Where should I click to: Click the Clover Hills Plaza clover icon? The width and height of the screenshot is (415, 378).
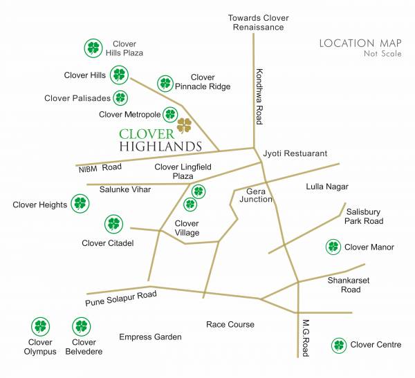tap(93, 48)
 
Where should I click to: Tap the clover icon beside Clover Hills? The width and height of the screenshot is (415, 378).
tap(120, 75)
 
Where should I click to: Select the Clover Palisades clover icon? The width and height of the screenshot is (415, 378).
tap(121, 97)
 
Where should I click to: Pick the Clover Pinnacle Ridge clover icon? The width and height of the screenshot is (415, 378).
tap(165, 84)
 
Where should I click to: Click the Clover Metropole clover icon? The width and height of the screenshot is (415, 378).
tap(170, 114)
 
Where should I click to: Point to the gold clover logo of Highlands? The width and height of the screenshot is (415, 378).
tap(184, 125)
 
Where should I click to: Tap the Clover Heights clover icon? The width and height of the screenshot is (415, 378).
tap(81, 204)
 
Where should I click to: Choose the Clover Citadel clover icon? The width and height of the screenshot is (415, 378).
tap(113, 224)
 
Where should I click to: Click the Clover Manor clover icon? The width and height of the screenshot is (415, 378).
tap(333, 247)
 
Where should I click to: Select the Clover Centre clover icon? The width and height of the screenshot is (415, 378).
tap(339, 345)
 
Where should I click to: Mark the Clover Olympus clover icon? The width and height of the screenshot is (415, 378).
tap(41, 326)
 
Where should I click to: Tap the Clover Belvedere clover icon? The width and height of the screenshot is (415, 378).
tap(82, 326)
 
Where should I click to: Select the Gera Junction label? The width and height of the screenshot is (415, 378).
tap(256, 195)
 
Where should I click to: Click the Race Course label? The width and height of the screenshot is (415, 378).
tap(230, 324)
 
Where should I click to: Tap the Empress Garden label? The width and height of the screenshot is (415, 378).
tap(150, 337)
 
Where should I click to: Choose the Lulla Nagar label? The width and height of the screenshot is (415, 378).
tap(327, 187)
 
